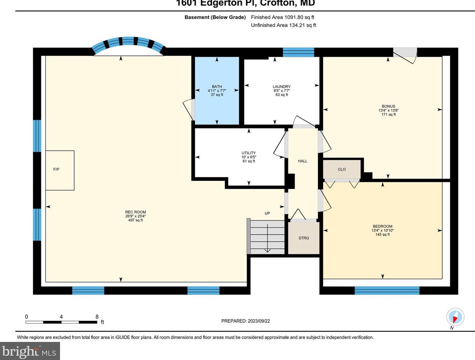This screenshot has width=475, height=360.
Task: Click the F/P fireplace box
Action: pyautogui.click(x=60, y=170)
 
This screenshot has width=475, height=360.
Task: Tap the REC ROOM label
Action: pyautogui.click(x=135, y=212)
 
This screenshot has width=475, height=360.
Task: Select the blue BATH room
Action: pyautogui.click(x=217, y=91)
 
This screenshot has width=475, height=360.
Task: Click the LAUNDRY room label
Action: pyautogui.click(x=281, y=87)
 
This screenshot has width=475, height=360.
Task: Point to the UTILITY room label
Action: pyautogui.click(x=248, y=153)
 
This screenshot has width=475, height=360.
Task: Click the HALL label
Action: pyautogui.click(x=302, y=161)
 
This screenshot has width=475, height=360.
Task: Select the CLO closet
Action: pyautogui.click(x=342, y=169)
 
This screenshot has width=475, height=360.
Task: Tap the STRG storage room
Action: pyautogui.click(x=303, y=238)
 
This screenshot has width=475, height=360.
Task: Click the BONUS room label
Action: pyautogui.click(x=388, y=106)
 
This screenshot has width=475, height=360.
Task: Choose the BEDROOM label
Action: pyautogui.click(x=382, y=226)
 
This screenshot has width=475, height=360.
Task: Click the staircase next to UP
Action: pyautogui.click(x=267, y=237)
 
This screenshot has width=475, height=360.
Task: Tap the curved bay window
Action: pyautogui.click(x=128, y=43)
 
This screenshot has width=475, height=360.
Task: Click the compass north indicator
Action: pyautogui.click(x=455, y=317)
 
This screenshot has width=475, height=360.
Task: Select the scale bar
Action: pyautogui.click(x=61, y=322)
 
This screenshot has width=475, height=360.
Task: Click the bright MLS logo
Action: pyautogui.click(x=30, y=351)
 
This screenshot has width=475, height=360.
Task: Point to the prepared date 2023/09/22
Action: pyautogui.click(x=246, y=321)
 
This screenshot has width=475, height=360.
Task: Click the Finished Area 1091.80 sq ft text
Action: pyautogui.click(x=282, y=17)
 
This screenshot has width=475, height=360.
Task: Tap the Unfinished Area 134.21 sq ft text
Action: pyautogui.click(x=283, y=25)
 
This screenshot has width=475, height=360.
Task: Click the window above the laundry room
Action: pyautogui.click(x=298, y=52)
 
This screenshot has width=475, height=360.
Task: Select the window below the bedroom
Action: pyautogui.click(x=387, y=290)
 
